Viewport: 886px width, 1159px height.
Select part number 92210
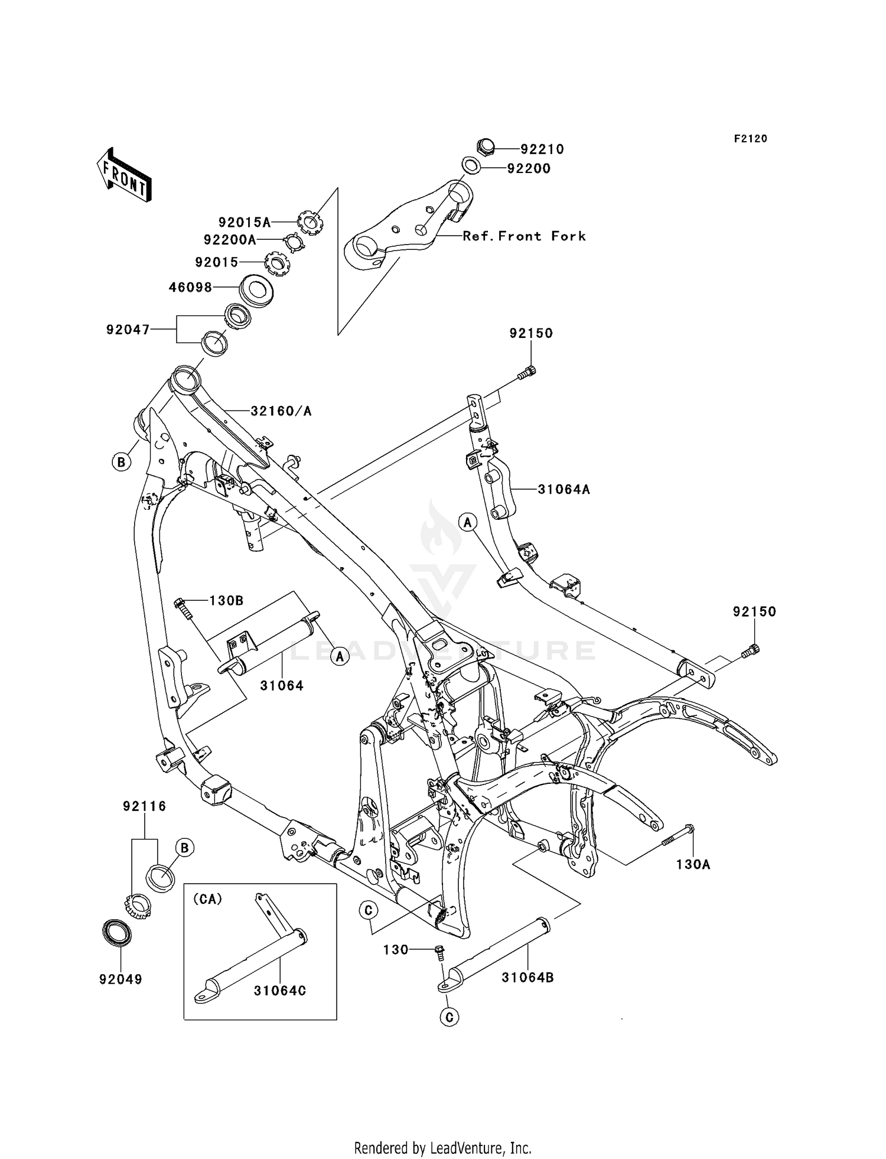(542, 149)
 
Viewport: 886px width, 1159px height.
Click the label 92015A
(245, 223)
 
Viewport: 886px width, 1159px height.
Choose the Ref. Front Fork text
(525, 236)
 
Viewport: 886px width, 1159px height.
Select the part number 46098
(190, 288)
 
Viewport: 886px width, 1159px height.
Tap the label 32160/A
(281, 411)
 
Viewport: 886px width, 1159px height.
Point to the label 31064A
(563, 490)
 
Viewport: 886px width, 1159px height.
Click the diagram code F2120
(751, 139)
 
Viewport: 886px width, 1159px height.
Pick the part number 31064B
(527, 978)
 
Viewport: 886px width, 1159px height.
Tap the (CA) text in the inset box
(207, 899)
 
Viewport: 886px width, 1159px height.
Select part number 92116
(145, 806)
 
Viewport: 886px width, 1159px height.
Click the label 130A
(693, 865)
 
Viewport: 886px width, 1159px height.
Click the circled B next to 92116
(184, 848)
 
